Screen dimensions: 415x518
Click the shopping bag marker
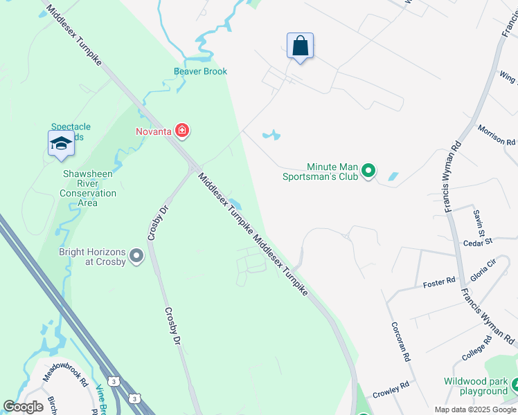tap(300, 47)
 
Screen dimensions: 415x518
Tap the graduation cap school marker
tap(60, 144)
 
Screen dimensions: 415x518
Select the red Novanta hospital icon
tap(182, 130)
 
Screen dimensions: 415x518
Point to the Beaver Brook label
tap(200, 71)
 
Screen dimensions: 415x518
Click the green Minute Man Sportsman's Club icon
tap(368, 169)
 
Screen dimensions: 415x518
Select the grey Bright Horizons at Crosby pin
tap(136, 256)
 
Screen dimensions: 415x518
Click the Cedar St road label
tap(477, 241)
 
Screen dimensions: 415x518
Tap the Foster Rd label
tap(439, 282)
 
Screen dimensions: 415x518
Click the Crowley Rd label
tap(391, 389)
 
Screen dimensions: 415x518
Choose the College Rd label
tap(476, 348)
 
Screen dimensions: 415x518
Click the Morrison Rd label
tap(497, 134)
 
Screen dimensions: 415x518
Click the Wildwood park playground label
tap(476, 387)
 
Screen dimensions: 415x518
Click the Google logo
tap(24, 407)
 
